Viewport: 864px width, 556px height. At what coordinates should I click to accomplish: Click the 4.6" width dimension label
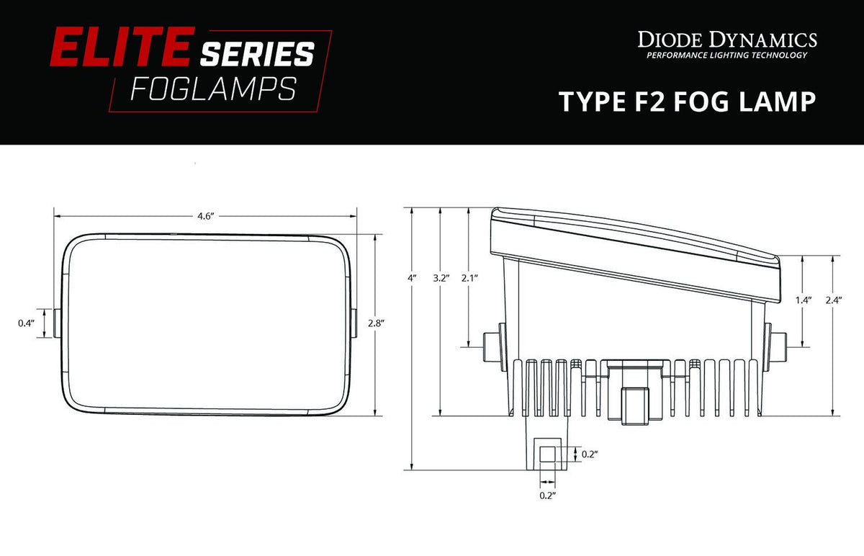click(206, 217)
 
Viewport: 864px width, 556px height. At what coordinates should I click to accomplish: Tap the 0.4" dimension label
click(26, 323)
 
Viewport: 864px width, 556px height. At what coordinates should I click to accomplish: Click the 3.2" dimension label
click(441, 277)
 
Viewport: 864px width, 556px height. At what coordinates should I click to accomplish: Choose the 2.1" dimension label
click(470, 277)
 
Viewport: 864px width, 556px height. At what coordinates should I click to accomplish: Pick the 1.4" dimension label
click(804, 300)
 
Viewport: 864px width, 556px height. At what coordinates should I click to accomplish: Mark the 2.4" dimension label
click(834, 300)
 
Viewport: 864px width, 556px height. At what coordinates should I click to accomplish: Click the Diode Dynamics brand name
click(726, 39)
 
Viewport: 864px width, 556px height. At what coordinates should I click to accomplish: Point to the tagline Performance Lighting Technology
click(726, 56)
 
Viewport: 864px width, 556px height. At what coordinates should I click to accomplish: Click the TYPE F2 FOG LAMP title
click(688, 102)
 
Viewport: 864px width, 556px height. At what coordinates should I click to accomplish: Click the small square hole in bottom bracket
click(548, 454)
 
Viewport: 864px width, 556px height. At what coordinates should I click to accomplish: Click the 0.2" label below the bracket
click(547, 496)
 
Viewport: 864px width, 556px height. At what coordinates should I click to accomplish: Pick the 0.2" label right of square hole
click(589, 454)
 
